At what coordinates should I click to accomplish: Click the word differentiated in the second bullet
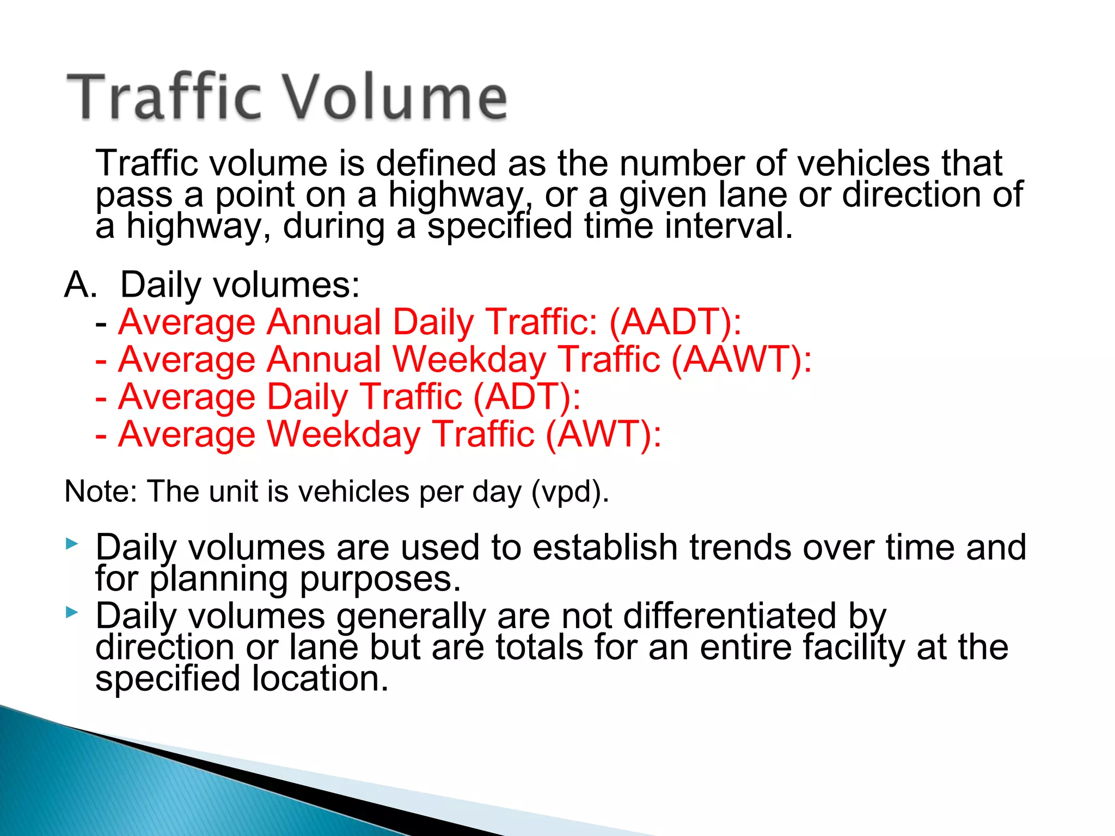730,617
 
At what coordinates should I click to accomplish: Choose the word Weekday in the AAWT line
469,360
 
